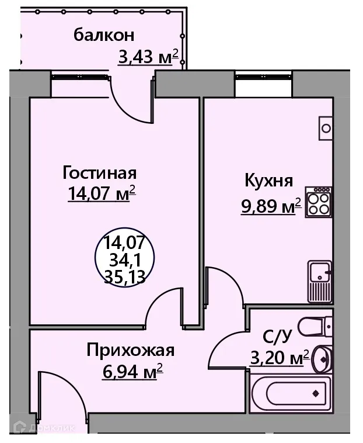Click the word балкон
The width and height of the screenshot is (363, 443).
pos(104,35)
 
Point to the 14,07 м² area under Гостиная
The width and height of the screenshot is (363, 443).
pos(102,193)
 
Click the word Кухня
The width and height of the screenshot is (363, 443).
pos(268,181)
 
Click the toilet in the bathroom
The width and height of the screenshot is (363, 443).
pos(315,324)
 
